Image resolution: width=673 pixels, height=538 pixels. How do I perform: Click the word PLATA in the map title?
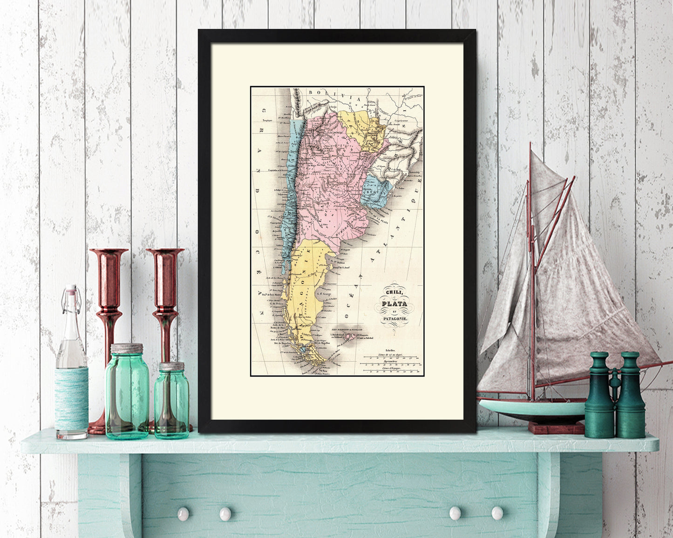click(394, 304)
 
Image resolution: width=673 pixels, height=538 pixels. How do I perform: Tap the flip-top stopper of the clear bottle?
click(70, 292)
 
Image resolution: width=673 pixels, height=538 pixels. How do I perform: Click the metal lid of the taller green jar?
click(127, 348)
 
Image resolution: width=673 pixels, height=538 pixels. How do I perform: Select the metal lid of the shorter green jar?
click(172, 366)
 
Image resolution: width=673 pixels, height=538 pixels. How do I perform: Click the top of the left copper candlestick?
click(109, 252)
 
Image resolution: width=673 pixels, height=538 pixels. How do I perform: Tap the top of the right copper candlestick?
click(165, 252)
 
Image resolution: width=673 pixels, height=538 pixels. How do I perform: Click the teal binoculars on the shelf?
click(615, 396)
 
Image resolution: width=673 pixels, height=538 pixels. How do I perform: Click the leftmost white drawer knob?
click(183, 513)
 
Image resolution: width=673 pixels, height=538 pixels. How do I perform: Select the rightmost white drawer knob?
click(497, 513)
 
